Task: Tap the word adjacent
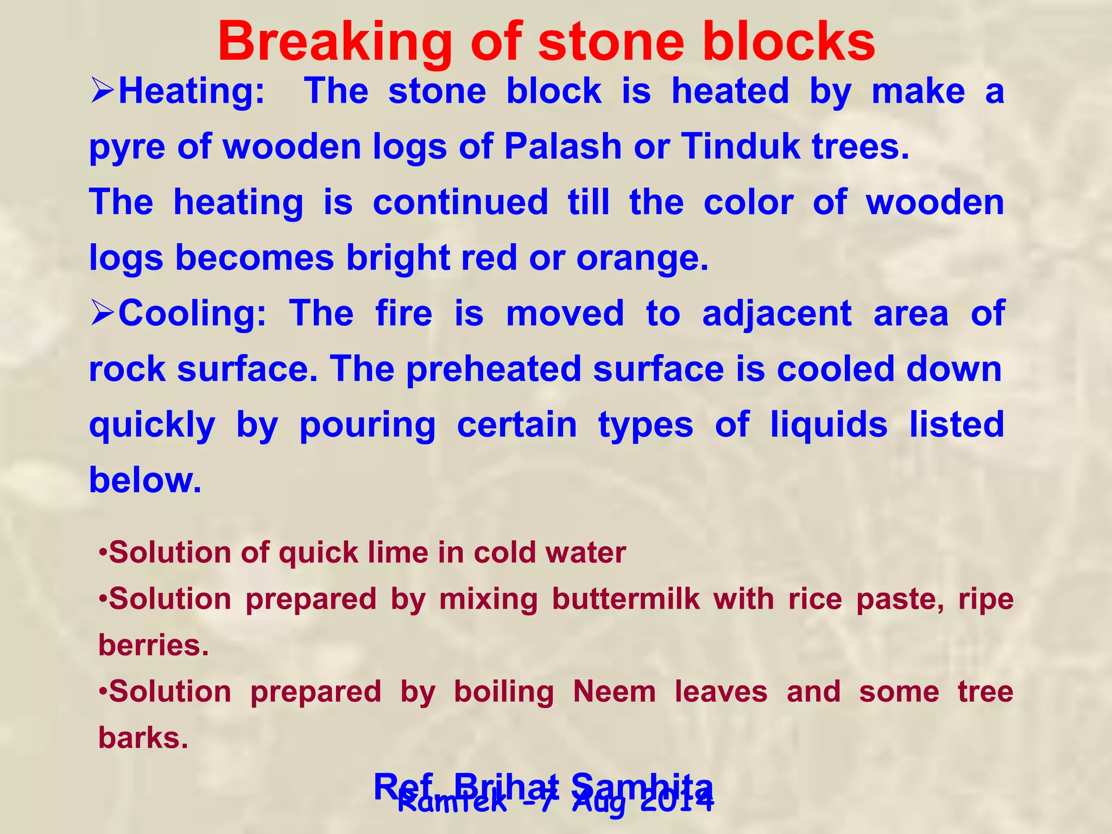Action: (x=776, y=313)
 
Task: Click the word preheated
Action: (x=494, y=369)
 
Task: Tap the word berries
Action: (x=153, y=646)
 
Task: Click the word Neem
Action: (x=614, y=692)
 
